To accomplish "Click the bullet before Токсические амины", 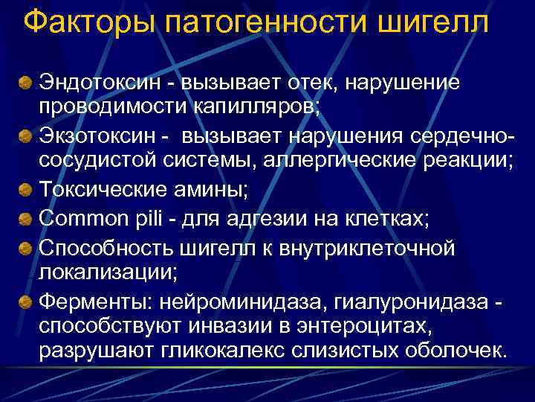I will click(x=25, y=188).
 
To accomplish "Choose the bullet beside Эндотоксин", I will click(x=25, y=80).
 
